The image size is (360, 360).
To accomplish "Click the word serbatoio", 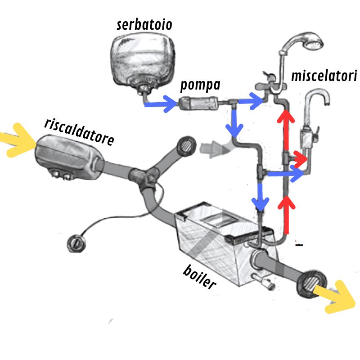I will click(144, 24).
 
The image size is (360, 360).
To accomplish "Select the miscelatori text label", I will click(324, 75).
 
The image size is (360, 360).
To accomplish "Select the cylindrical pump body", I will click(199, 104).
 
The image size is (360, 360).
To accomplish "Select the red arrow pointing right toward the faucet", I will click(298, 158).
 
